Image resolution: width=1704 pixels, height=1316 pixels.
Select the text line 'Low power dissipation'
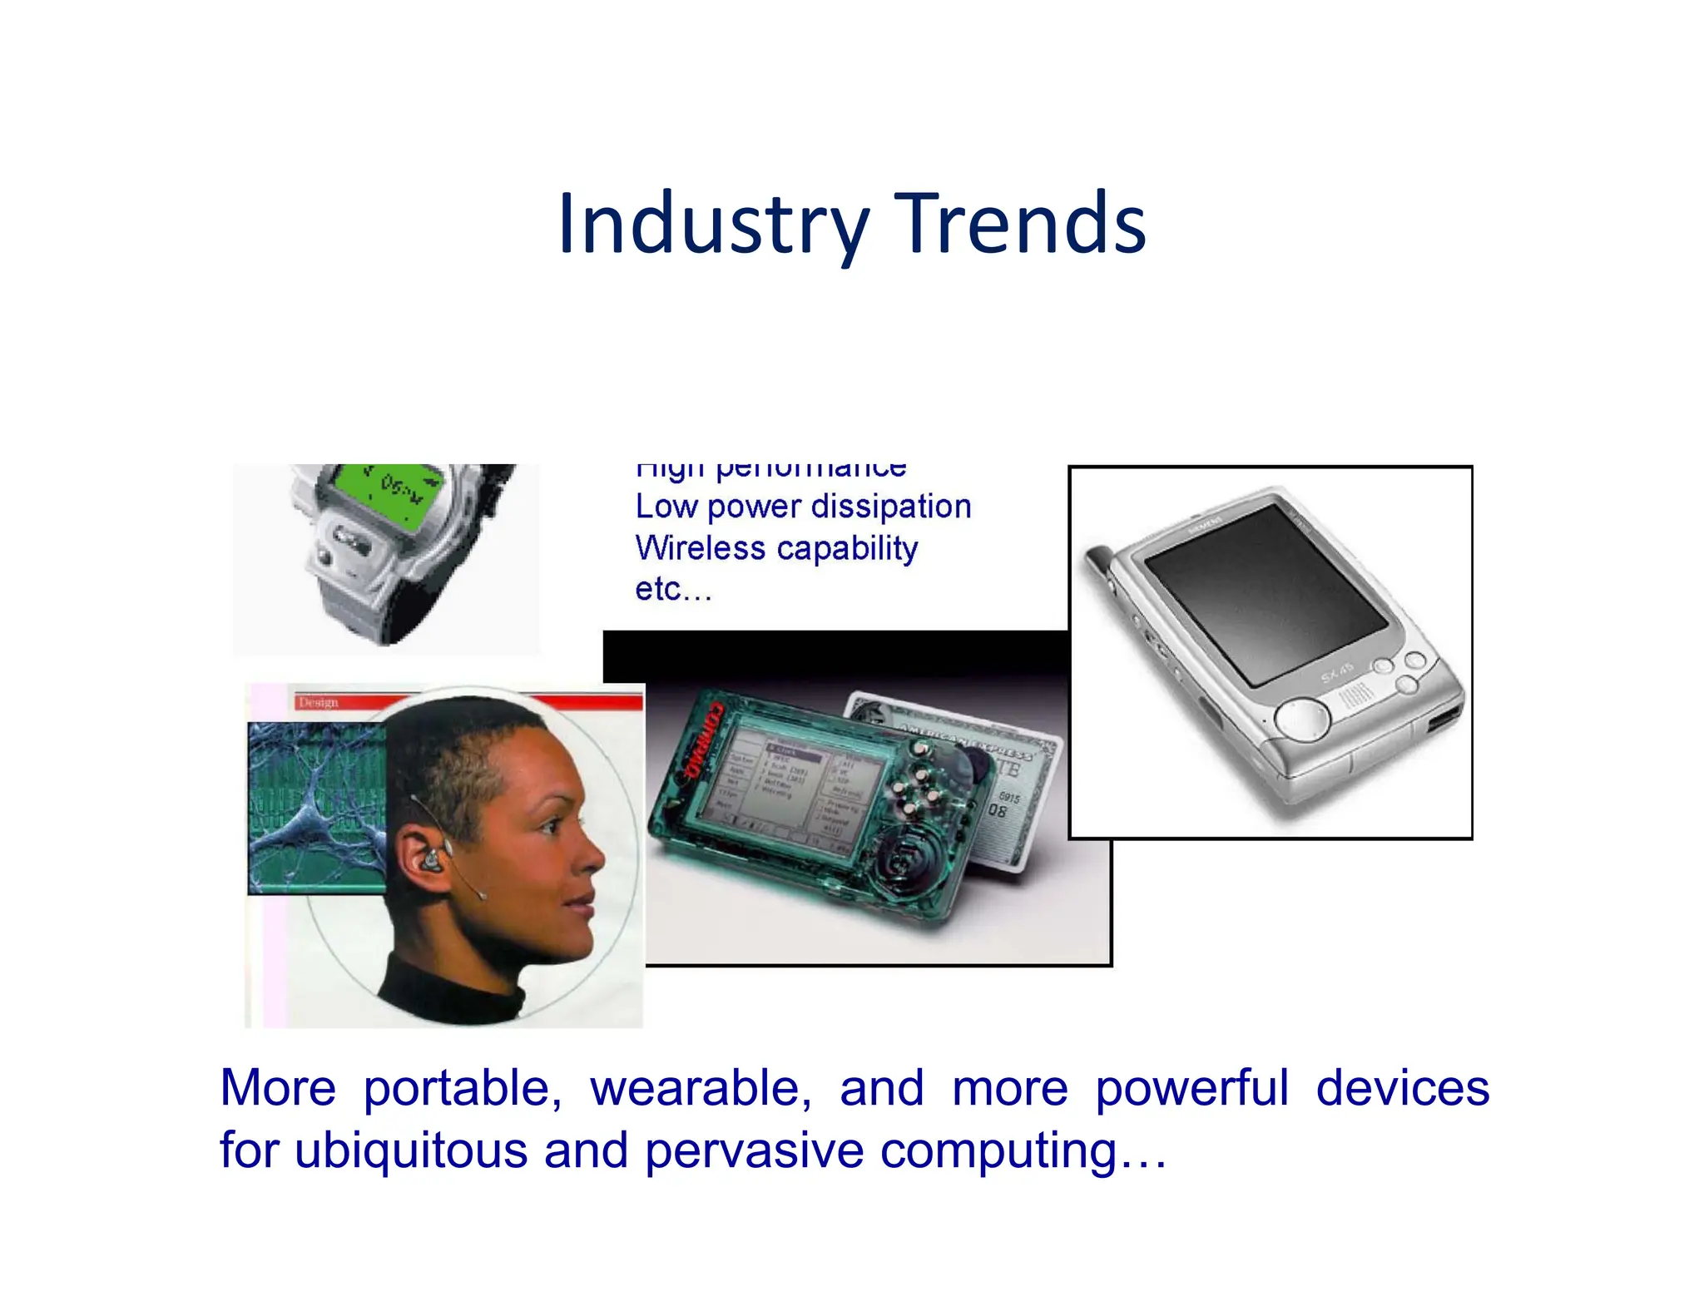tap(803, 507)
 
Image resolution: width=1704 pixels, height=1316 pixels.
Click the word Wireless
tap(700, 548)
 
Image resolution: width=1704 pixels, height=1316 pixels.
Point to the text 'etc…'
tap(673, 590)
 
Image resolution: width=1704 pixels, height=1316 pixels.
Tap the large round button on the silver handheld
tap(1302, 717)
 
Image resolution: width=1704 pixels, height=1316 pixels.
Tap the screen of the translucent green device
tap(790, 786)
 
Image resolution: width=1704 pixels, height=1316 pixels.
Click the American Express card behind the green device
tap(1007, 790)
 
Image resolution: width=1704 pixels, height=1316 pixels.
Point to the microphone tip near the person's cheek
tap(482, 895)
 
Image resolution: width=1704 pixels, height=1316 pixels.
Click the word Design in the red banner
tap(318, 702)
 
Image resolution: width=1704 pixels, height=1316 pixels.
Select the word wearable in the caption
tap(701, 1088)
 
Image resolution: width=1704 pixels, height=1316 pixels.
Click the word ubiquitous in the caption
tap(411, 1150)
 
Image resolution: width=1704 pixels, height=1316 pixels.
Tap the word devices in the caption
tap(1402, 1088)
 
